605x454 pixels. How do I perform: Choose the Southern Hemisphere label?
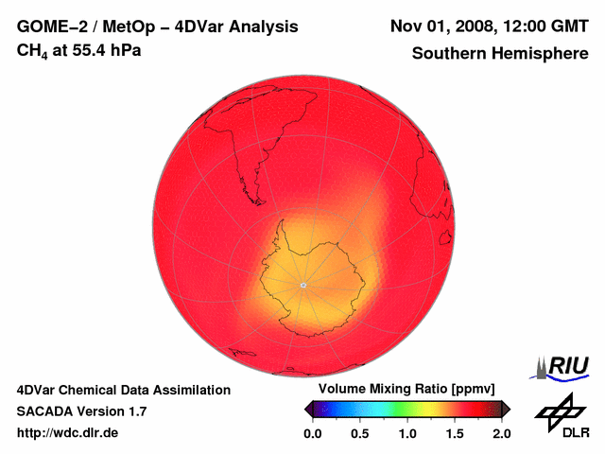499,54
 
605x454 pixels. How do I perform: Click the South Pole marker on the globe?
302,285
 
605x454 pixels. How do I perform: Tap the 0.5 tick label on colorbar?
359,433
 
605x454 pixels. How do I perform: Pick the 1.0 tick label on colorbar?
406,433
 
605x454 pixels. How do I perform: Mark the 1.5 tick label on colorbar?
455,433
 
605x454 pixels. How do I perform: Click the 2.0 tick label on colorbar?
502,433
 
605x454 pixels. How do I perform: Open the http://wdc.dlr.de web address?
68,433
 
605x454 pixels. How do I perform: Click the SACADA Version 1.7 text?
81,411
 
